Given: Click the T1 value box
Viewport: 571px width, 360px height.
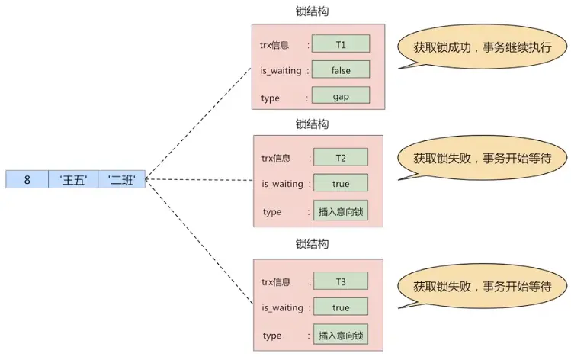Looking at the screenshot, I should [340, 43].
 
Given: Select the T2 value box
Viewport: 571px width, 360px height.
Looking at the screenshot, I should [340, 157].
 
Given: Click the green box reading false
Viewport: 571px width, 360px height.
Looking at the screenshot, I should [340, 69].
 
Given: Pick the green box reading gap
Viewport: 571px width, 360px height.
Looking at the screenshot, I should [340, 96].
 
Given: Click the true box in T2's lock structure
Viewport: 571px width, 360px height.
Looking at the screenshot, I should [340, 183].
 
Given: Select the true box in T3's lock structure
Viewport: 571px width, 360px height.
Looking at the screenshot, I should [340, 307].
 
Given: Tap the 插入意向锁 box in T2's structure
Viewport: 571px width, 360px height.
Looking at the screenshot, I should [340, 211].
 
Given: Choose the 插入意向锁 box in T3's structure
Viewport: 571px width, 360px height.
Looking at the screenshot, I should [340, 335].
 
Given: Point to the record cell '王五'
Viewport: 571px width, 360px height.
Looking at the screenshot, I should [73, 180].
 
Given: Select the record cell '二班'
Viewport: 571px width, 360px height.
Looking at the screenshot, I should [121, 180].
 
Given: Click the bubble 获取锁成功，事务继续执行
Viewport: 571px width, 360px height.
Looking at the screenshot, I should [483, 47].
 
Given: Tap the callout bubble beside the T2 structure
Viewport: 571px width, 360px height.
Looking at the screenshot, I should [483, 159].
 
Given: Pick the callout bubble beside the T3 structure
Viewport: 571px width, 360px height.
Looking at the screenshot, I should [483, 288].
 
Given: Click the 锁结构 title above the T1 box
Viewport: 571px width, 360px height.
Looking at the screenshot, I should [312, 11].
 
